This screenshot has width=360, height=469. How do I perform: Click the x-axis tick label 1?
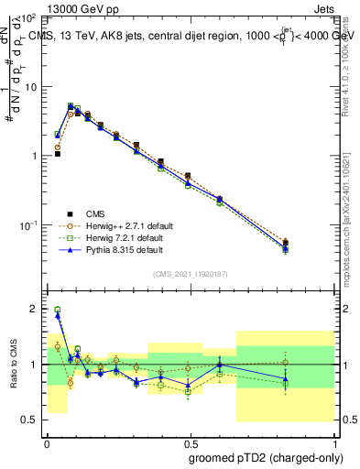point(333,442)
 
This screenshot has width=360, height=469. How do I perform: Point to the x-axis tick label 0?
point(47,442)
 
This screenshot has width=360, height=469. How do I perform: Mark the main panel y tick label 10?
point(30,87)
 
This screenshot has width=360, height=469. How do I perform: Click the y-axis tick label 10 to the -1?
point(28,225)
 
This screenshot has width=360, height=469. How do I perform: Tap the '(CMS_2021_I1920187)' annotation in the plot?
point(189,273)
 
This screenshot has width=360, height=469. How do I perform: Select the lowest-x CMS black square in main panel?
point(57,154)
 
